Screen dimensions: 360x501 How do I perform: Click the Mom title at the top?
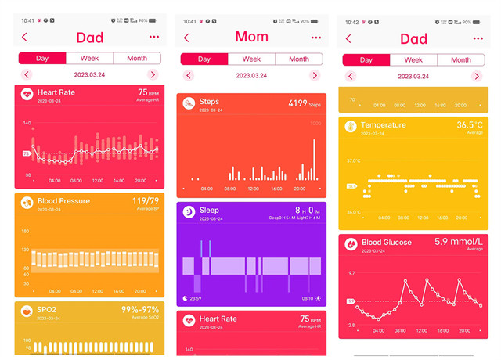251,36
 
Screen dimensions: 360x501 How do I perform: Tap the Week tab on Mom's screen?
251,59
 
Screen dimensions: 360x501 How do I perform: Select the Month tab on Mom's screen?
298,59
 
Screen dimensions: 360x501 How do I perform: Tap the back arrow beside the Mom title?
186,37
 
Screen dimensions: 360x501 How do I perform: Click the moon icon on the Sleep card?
189,211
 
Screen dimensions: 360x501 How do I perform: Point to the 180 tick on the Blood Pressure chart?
25,232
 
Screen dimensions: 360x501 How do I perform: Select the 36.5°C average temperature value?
470,125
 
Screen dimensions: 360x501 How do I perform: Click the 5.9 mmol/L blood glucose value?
458,243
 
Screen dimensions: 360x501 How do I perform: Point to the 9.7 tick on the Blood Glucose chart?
351,273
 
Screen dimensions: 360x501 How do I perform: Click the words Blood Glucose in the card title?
387,243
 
